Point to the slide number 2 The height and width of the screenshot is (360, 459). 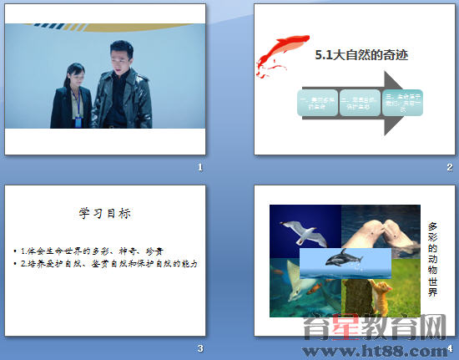(449, 167)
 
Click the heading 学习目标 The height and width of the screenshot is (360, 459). (104, 213)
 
